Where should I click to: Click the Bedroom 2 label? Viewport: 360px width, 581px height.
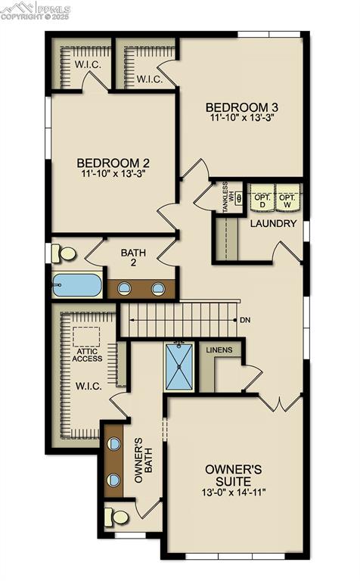(x=113, y=163)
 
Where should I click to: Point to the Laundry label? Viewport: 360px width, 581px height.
(x=272, y=224)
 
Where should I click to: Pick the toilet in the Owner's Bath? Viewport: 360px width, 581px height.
(x=118, y=517)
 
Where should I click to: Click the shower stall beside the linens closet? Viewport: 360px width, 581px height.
(x=180, y=367)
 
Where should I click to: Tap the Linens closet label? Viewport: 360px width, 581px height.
(x=219, y=350)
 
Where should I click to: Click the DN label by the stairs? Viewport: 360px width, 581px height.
(x=244, y=320)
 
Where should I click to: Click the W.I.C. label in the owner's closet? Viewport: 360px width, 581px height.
(x=88, y=386)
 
